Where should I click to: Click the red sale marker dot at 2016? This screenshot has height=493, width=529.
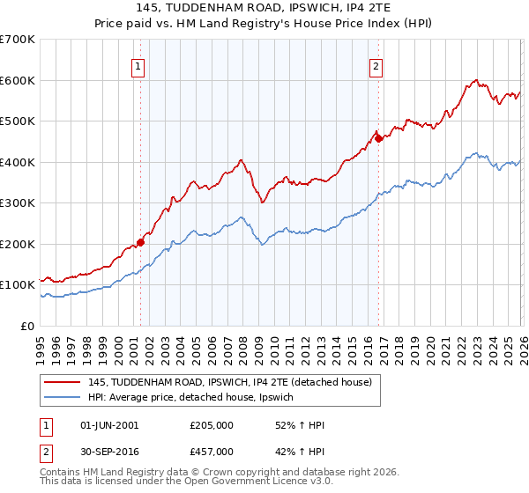(x=378, y=138)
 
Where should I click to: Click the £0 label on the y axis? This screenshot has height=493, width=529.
(x=28, y=327)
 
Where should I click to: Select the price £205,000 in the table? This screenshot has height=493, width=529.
(x=212, y=425)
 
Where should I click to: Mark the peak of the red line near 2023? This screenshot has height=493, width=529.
(x=475, y=79)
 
